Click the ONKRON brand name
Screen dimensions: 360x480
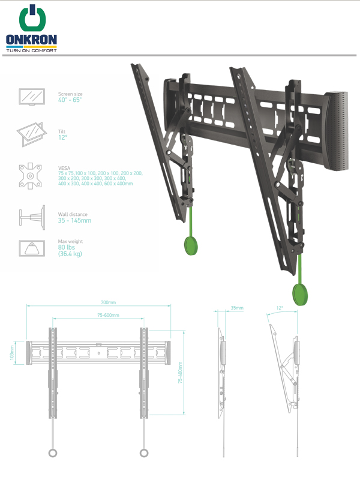click(x=31, y=40)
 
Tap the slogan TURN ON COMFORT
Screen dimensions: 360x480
click(x=32, y=50)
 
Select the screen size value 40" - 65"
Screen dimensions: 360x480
click(x=70, y=100)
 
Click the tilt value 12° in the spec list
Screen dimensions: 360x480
click(x=63, y=137)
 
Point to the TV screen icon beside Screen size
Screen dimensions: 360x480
click(x=32, y=97)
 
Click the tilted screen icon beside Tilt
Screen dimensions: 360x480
click(x=32, y=134)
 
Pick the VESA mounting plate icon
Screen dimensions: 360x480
click(x=30, y=176)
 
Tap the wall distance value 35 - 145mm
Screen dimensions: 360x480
click(x=74, y=220)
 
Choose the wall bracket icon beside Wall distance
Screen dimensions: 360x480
click(x=32, y=218)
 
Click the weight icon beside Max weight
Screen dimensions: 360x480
click(x=32, y=248)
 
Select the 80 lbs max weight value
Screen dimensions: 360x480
click(x=67, y=247)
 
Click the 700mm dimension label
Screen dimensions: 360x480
click(x=109, y=302)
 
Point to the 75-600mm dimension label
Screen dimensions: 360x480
click(x=109, y=315)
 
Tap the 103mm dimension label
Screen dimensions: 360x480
click(x=12, y=353)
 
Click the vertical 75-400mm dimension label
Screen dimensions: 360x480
click(x=181, y=373)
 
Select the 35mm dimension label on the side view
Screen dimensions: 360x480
click(x=237, y=308)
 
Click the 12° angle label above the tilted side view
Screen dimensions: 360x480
click(x=280, y=308)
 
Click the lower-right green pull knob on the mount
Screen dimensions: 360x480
click(x=300, y=294)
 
